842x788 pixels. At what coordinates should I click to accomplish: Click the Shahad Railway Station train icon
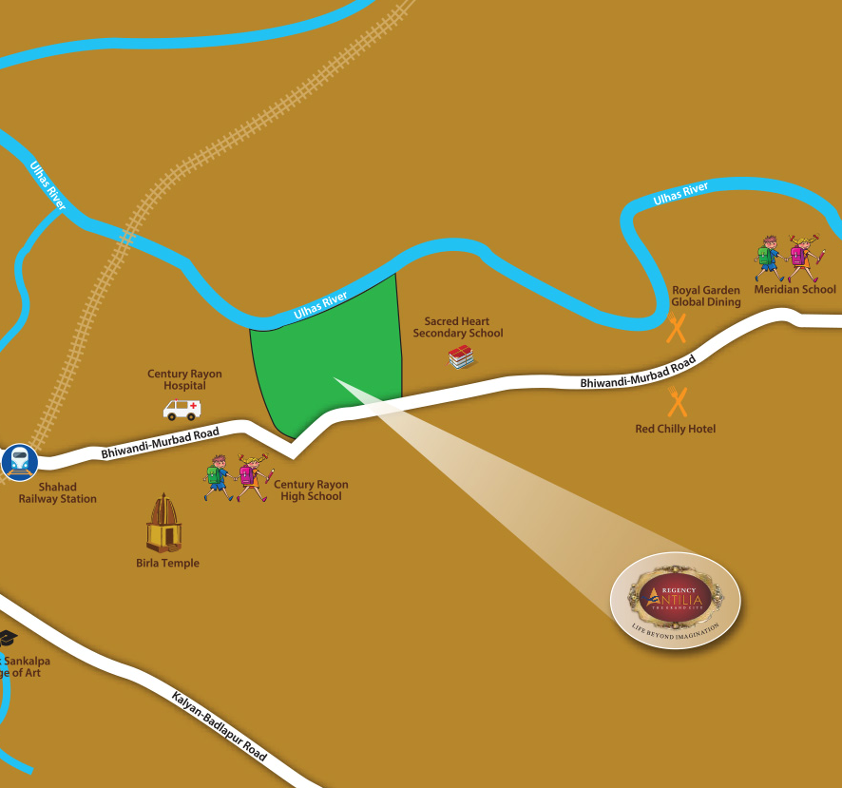[x=19, y=462]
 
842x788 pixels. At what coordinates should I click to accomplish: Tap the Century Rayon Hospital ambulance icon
[x=182, y=410]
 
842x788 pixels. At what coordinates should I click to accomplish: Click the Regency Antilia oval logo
[x=675, y=599]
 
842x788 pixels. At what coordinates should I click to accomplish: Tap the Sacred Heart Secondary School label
[x=457, y=328]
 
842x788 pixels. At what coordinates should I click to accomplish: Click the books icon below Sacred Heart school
[x=461, y=357]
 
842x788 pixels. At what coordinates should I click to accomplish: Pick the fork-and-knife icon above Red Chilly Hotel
[x=678, y=402]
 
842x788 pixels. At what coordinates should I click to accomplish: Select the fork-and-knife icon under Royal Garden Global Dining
[x=676, y=328]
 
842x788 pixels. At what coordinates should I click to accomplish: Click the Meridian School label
[x=794, y=289]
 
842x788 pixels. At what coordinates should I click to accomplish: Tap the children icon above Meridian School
[x=789, y=259]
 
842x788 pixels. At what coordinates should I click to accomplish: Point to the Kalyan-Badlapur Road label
[x=220, y=724]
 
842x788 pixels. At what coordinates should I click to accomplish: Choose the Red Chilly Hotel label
[x=675, y=429]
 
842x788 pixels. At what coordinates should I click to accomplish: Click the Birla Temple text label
[x=167, y=563]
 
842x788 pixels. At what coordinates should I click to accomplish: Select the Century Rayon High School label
[x=311, y=490]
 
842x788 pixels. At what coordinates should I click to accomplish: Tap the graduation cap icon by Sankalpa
[x=7, y=638]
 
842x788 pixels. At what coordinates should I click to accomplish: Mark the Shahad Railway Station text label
[x=57, y=492]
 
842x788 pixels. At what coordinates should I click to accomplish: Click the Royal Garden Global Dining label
[x=705, y=297]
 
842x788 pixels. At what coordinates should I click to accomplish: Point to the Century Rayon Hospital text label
[x=184, y=379]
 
